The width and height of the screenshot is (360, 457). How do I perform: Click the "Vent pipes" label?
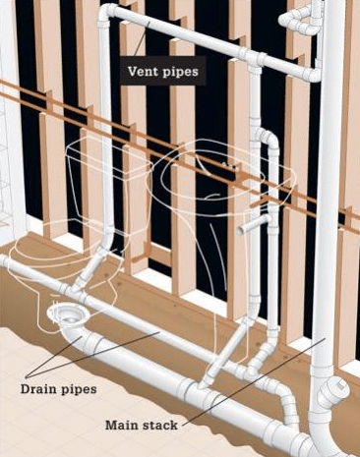pos(162,71)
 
